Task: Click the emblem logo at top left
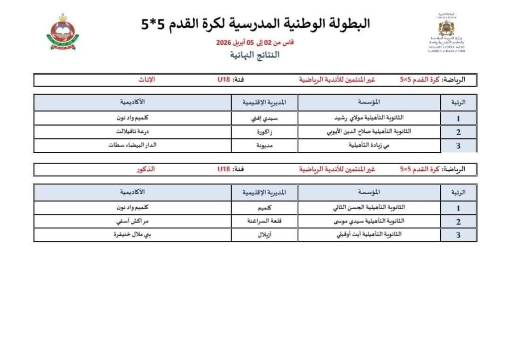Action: [x=63, y=32]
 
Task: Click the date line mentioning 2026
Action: [x=255, y=43]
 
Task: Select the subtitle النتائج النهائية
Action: [x=255, y=55]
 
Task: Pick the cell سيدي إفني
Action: [x=264, y=119]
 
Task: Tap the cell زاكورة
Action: [x=264, y=132]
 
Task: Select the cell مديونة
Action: [x=264, y=145]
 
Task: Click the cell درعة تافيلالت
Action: [x=132, y=132]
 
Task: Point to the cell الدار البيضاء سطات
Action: [x=132, y=145]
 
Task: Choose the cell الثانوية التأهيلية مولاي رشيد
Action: [x=369, y=119]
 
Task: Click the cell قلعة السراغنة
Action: [x=264, y=221]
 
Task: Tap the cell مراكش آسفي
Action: [x=132, y=221]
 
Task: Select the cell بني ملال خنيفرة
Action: [x=132, y=235]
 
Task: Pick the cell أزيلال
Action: [x=264, y=235]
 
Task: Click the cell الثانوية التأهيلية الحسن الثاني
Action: [x=369, y=208]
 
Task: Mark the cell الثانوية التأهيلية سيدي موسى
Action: [x=369, y=221]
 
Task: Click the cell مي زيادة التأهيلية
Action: [x=369, y=145]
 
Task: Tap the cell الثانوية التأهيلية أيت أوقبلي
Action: [x=369, y=235]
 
